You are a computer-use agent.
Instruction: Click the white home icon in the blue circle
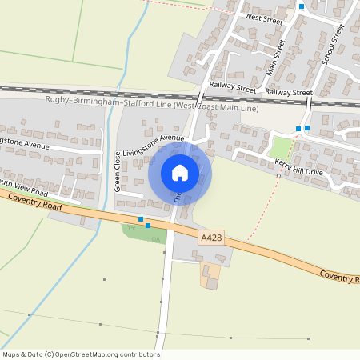pyautogui.click(x=180, y=173)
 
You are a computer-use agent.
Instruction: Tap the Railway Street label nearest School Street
pyautogui.click(x=289, y=93)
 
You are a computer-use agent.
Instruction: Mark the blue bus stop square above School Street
pyautogui.click(x=301, y=6)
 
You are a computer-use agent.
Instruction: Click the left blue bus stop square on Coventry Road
pyautogui.click(x=141, y=219)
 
